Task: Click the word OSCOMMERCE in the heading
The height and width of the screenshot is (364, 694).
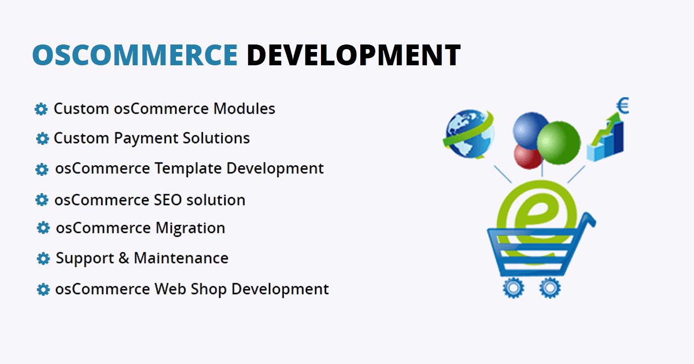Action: [x=135, y=55]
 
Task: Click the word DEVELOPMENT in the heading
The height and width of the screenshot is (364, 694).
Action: [x=353, y=55]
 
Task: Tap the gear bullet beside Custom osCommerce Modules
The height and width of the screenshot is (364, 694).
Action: [x=41, y=109]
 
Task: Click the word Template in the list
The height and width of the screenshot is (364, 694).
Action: [x=186, y=169]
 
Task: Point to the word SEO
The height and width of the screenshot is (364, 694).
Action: [x=168, y=200]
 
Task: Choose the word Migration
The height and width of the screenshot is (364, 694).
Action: [x=190, y=228]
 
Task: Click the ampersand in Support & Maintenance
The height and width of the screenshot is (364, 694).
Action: [x=124, y=258]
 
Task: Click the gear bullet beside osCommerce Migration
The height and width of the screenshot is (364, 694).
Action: [x=43, y=228]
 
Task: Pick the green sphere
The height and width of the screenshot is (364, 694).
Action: [x=558, y=143]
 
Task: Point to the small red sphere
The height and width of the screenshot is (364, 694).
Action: [x=527, y=156]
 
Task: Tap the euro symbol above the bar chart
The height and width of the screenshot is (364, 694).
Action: [x=623, y=106]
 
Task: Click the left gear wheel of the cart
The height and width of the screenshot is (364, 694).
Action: [x=512, y=288]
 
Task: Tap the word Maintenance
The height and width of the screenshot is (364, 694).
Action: [x=181, y=258]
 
